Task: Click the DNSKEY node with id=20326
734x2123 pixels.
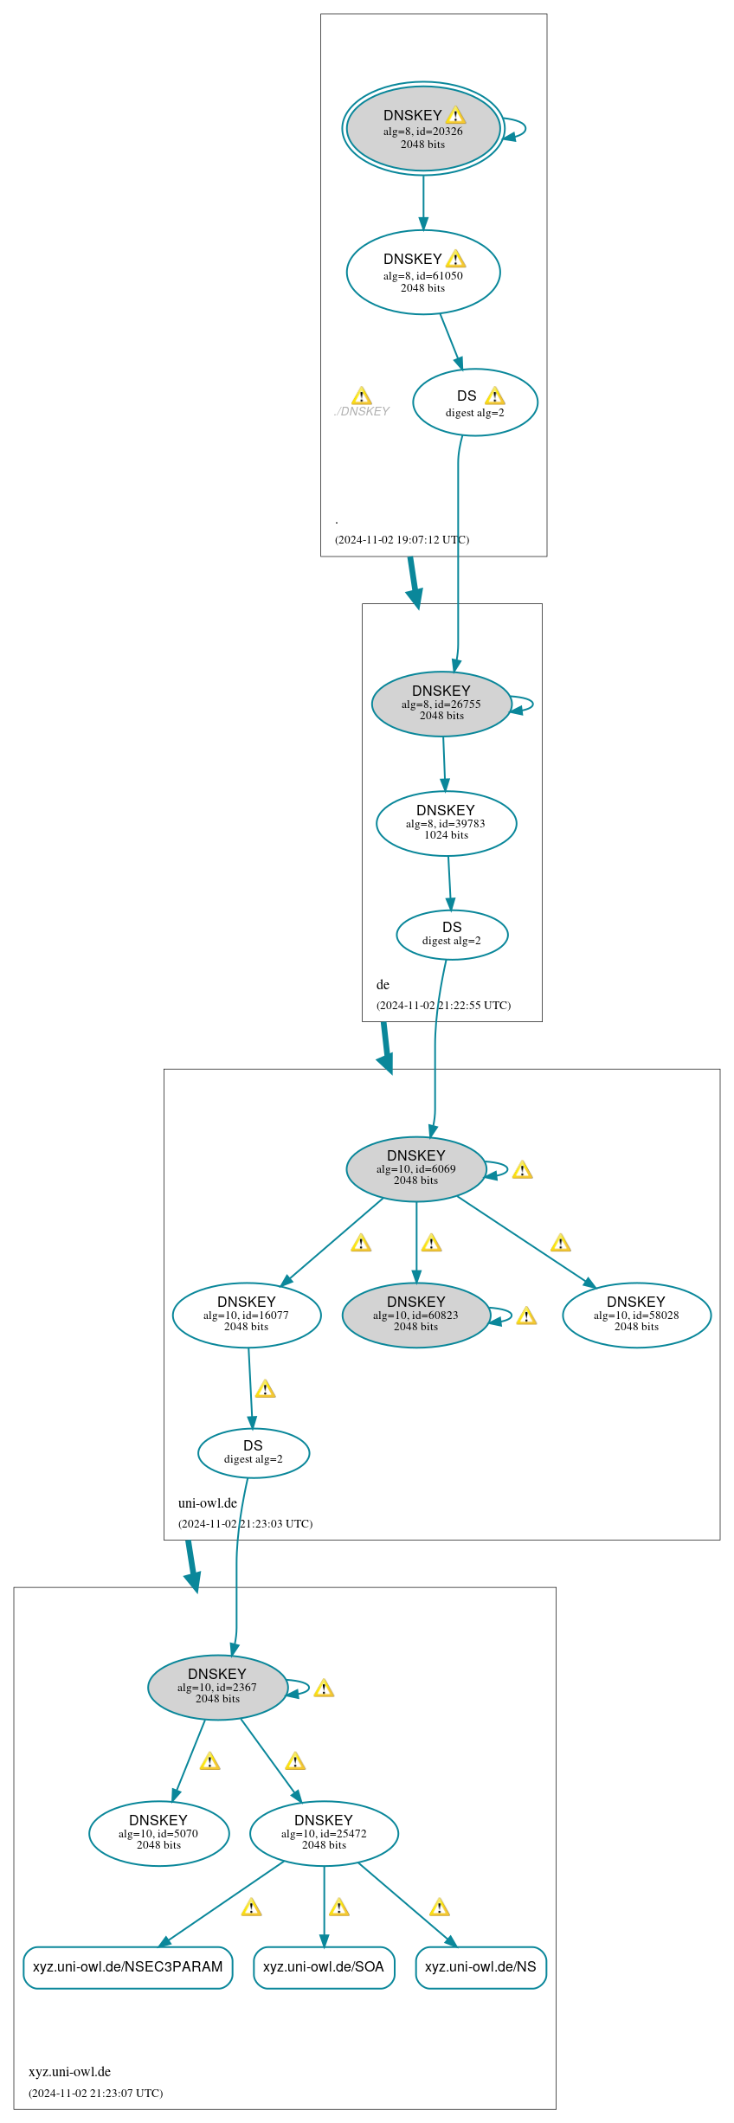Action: tap(422, 129)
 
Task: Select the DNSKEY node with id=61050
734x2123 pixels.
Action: tap(422, 273)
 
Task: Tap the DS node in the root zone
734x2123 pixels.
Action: tap(474, 403)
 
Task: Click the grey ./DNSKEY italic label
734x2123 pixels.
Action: tap(362, 411)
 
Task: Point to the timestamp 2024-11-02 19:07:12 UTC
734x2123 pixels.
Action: tap(402, 539)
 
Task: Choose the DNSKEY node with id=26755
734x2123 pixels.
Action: tap(441, 704)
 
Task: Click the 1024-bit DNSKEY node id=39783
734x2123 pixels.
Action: tap(446, 823)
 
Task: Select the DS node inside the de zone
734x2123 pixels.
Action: tap(452, 935)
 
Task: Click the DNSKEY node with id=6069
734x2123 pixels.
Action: tap(415, 1168)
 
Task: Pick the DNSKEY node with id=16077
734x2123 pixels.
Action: tap(247, 1315)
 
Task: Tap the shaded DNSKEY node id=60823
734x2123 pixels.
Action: tap(415, 1315)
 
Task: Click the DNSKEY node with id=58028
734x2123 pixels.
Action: tap(636, 1315)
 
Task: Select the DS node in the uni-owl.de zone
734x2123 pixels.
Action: tap(253, 1452)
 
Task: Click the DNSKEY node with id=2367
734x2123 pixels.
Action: tap(217, 1687)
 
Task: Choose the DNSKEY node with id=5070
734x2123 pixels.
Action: tap(158, 1833)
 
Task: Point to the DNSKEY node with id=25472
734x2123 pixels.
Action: tap(324, 1833)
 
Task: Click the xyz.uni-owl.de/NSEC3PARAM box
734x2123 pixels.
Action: tap(127, 1967)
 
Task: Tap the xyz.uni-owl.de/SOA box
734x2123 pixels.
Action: tap(324, 1967)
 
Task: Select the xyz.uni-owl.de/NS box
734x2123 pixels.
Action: tap(480, 1967)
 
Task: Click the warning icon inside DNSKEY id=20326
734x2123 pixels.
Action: tap(456, 115)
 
